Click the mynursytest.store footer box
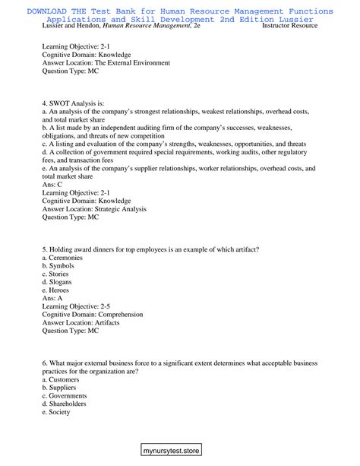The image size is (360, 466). (x=180, y=450)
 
